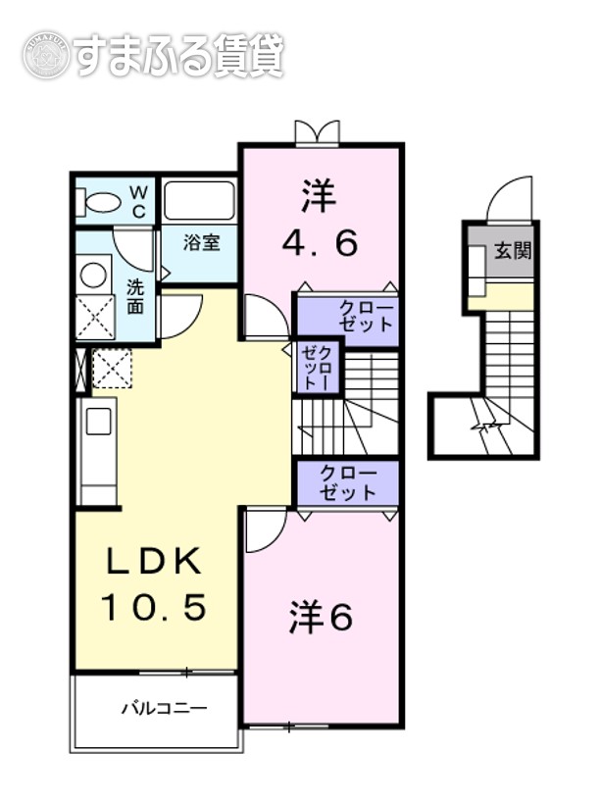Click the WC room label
[x=138, y=201]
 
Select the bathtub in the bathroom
[x=199, y=201]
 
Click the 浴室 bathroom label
[x=202, y=242]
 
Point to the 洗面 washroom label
[x=135, y=296]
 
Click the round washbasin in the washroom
[x=94, y=275]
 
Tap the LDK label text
[x=155, y=564]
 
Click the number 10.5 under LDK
[x=155, y=608]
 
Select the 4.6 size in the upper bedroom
[x=319, y=242]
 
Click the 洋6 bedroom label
[x=321, y=618]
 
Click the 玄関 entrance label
[x=512, y=251]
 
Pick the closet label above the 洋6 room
[x=348, y=482]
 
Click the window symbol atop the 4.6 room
[x=318, y=132]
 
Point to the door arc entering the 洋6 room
[x=263, y=530]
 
